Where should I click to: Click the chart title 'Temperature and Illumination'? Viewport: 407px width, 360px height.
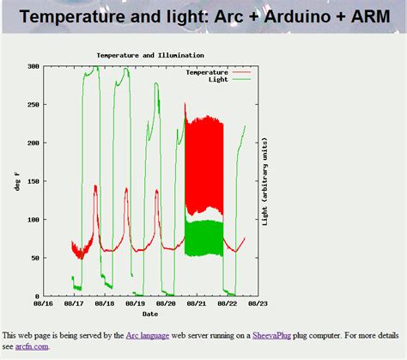point(150,55)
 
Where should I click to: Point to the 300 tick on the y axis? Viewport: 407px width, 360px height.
point(33,66)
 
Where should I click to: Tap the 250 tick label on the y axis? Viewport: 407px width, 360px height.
point(33,105)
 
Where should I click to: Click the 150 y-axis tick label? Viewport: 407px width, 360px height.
point(33,181)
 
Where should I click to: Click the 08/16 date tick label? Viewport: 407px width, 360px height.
point(43,303)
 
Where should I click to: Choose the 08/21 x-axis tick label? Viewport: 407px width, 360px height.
point(197,303)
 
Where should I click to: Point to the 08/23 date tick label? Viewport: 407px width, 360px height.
point(258,303)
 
